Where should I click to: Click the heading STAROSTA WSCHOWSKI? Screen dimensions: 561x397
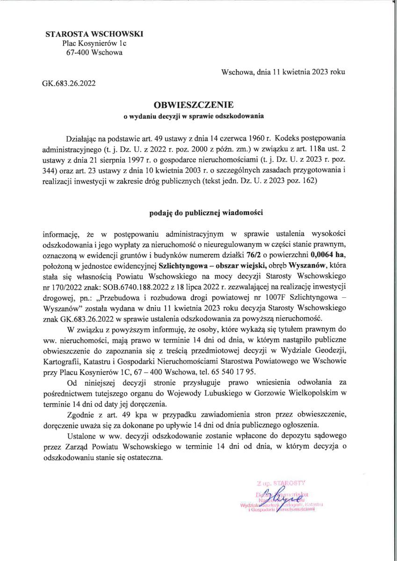[94, 34]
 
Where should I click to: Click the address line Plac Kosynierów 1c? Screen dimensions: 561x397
[94, 43]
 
